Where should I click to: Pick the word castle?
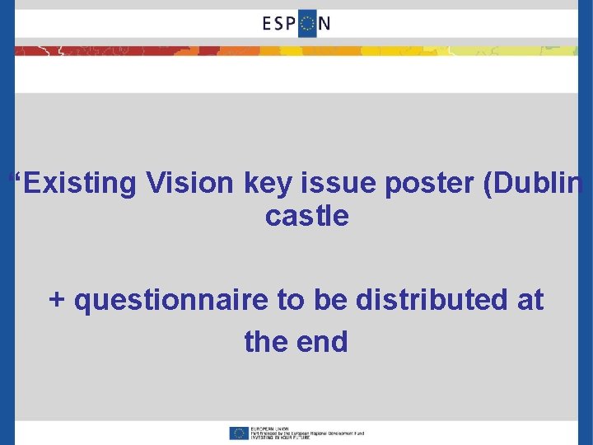point(307,217)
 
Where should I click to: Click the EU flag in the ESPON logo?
point(306,23)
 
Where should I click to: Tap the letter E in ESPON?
point(268,23)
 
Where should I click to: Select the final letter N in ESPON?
point(325,23)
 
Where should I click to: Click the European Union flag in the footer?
point(240,433)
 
